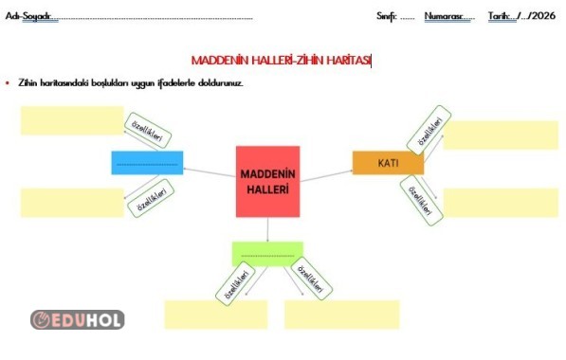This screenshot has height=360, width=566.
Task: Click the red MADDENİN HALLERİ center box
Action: (267, 181)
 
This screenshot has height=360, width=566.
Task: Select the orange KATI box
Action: (388, 163)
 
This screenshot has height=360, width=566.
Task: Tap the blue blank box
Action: (147, 163)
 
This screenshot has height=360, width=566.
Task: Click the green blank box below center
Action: (267, 253)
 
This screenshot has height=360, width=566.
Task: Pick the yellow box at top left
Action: (71, 120)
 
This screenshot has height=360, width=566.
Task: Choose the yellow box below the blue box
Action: (71, 203)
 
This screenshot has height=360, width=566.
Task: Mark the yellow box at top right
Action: (501, 135)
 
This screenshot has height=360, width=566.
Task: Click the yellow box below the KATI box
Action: (501, 202)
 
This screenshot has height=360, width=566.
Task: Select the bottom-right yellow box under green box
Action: (341, 314)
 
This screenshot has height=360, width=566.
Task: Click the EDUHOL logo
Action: (77, 320)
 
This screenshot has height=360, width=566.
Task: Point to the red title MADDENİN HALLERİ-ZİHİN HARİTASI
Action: (282, 60)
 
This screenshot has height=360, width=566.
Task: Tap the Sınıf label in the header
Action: (386, 17)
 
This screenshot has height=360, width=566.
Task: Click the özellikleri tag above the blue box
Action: (146, 132)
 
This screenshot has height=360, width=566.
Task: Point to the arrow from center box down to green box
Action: (267, 229)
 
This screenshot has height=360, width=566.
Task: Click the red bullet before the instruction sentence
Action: (8, 83)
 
